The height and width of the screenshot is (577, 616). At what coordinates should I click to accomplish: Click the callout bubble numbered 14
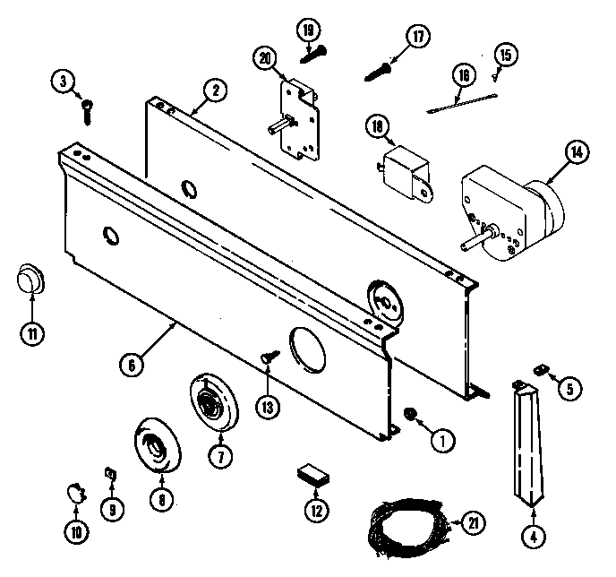tap(580, 153)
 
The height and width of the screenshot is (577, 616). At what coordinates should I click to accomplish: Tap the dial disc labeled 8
tap(156, 445)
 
